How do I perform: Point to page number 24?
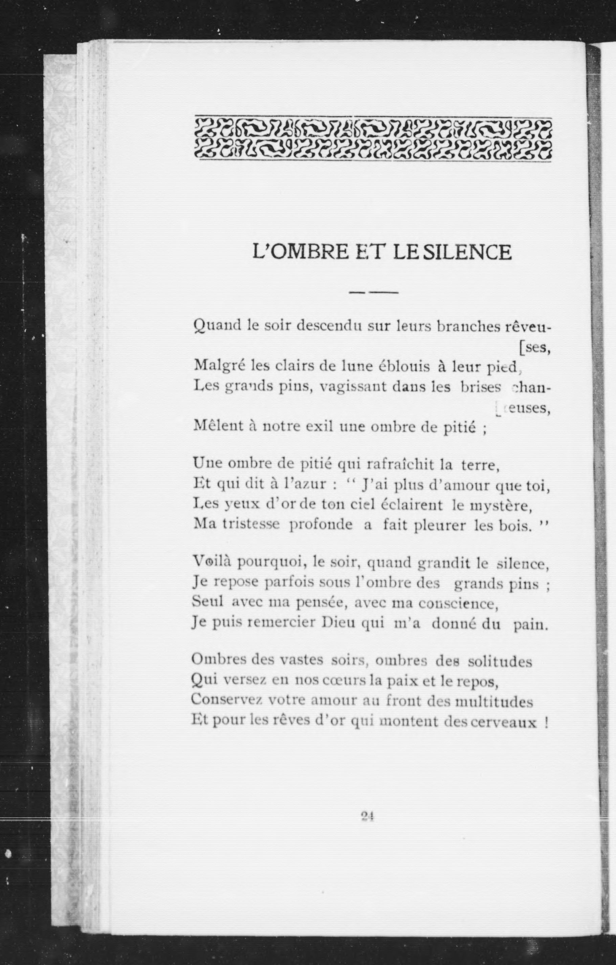point(367,817)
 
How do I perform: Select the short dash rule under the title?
point(373,293)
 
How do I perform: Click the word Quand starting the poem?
point(217,326)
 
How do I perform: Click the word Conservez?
point(227,700)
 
